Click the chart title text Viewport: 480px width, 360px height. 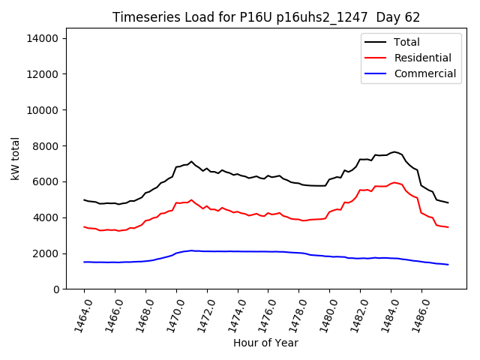click(266, 17)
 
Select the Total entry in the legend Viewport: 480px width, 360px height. click(406, 42)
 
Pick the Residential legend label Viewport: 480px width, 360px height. click(422, 58)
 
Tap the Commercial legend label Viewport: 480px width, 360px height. click(424, 73)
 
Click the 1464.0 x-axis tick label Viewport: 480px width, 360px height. click(79, 315)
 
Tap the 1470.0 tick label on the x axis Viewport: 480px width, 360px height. click(171, 315)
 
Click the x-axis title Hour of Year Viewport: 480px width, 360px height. click(265, 343)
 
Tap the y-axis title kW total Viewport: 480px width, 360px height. click(16, 158)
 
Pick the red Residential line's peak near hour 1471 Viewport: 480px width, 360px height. click(191, 200)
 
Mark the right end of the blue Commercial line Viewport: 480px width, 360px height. click(448, 264)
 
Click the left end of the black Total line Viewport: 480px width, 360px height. click(84, 199)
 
